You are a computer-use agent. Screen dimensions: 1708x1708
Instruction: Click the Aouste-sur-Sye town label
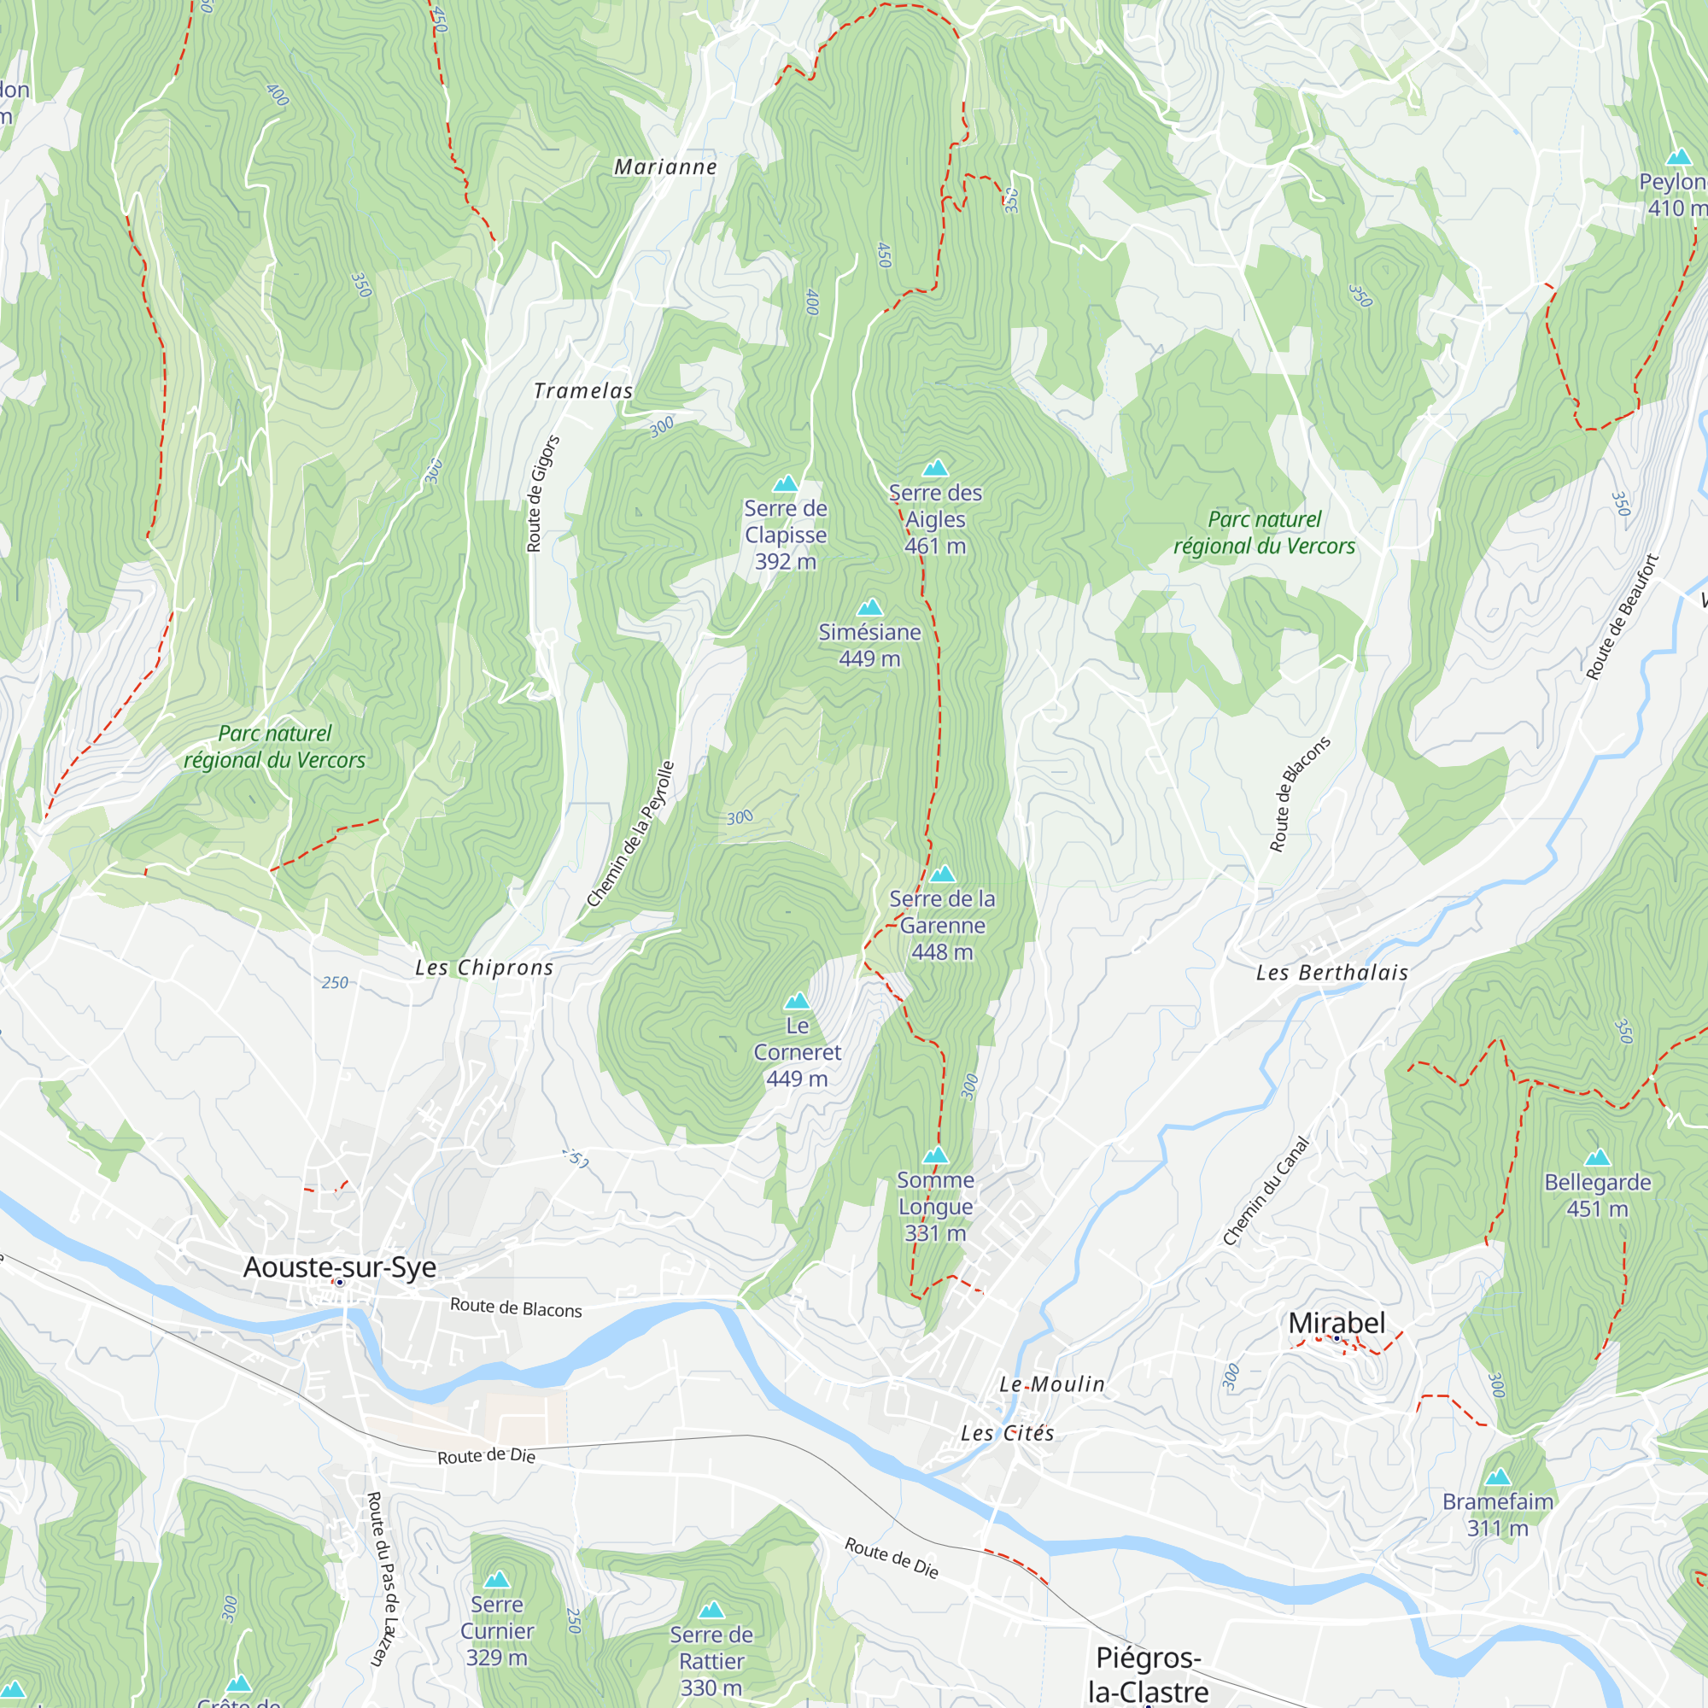coord(340,1266)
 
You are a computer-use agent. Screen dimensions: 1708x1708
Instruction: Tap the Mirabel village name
coord(1337,1323)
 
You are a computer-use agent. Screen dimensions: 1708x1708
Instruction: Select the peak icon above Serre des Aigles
coord(935,468)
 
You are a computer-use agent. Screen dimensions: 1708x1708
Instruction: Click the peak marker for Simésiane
coord(870,607)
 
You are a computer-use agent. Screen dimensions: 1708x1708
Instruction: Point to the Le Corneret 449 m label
coord(797,1052)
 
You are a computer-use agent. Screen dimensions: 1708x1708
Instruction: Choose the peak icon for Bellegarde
coord(1598,1157)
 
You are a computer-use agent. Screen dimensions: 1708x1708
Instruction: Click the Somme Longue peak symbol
coord(935,1155)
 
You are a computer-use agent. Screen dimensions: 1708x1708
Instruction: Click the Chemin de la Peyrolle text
coord(630,834)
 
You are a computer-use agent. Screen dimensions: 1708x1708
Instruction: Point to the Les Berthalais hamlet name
coord(1331,973)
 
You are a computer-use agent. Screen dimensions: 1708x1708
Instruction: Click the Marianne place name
coord(666,167)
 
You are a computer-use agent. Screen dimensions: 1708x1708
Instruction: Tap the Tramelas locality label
coord(583,391)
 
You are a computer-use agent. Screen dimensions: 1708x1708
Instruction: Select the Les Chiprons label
coord(484,968)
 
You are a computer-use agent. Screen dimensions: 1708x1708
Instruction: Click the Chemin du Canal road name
coord(1265,1190)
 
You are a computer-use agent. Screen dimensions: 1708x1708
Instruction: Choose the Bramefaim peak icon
coord(1498,1477)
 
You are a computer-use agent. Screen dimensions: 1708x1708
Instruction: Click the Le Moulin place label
coord(1052,1384)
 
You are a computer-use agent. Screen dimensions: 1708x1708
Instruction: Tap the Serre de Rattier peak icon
coord(711,1610)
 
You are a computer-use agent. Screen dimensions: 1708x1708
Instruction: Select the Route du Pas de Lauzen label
coord(382,1579)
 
